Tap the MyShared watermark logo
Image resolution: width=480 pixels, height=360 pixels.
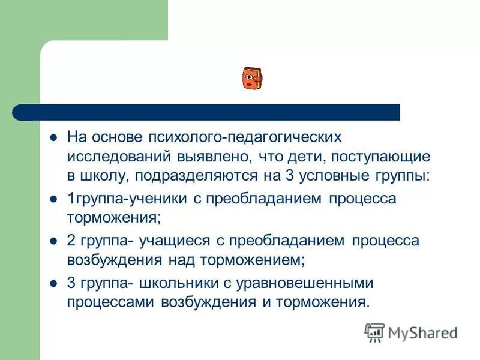[x=411, y=332]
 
